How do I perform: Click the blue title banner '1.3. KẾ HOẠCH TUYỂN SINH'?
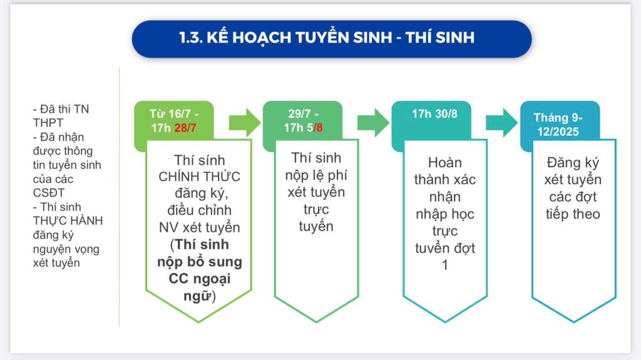(332, 39)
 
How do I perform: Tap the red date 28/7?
(185, 128)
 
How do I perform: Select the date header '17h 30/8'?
(434, 114)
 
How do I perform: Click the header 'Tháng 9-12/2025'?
(558, 125)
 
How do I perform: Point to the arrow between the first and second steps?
(245, 122)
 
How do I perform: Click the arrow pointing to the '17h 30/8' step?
(373, 122)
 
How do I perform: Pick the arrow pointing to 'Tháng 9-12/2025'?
(501, 122)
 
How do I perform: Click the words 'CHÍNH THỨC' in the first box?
(199, 177)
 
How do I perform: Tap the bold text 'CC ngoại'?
(200, 279)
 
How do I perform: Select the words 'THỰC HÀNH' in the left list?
(68, 221)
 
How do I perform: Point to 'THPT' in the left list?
(48, 123)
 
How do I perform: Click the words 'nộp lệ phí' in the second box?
(316, 175)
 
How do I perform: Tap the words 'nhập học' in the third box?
(445, 214)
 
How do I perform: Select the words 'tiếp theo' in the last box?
(573, 214)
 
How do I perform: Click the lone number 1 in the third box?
(445, 265)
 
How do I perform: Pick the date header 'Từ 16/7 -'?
(174, 113)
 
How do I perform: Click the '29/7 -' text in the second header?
(303, 113)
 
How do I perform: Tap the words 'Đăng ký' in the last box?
(573, 163)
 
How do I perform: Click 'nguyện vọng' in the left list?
(66, 250)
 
